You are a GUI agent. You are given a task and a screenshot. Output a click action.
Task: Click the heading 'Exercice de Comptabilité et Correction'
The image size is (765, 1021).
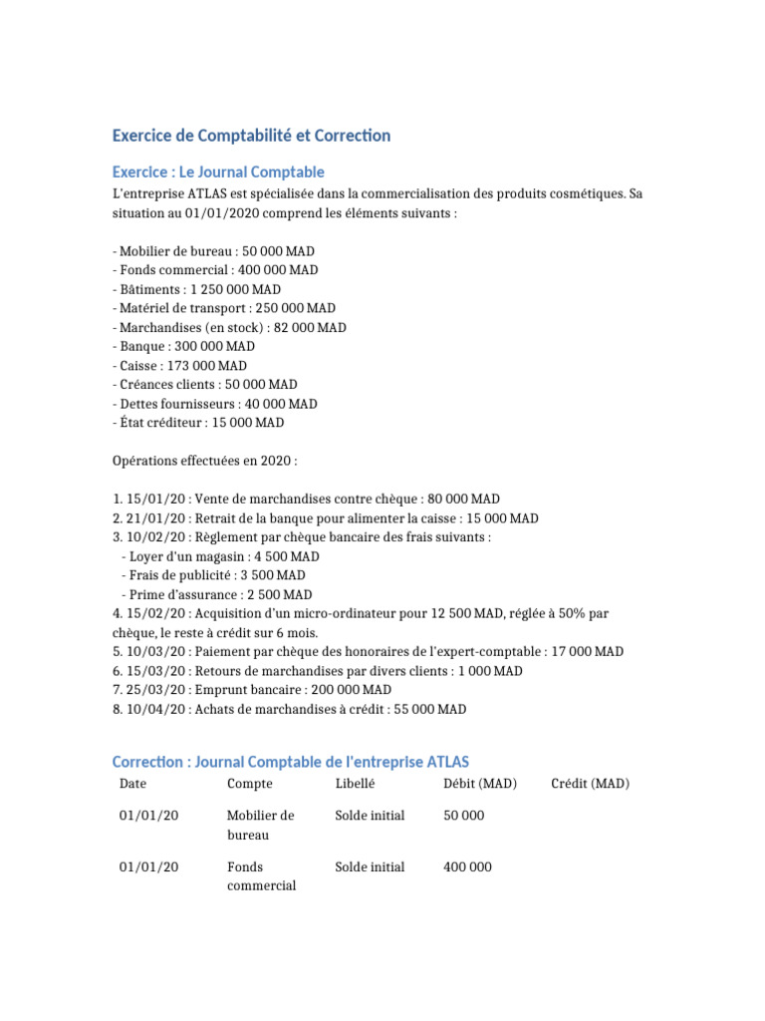pos(251,136)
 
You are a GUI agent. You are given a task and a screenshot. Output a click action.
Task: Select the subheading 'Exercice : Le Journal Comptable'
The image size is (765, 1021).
pos(218,172)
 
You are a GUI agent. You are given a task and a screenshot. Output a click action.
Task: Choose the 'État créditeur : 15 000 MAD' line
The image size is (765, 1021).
pos(198,423)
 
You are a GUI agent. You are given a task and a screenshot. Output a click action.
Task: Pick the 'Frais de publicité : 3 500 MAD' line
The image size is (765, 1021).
pos(216,575)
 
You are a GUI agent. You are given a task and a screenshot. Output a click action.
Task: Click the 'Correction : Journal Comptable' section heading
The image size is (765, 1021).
pos(290,763)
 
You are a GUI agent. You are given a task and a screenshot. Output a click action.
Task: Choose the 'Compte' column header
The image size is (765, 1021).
pos(250,784)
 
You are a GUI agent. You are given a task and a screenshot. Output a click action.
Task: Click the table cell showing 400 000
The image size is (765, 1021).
pos(467,867)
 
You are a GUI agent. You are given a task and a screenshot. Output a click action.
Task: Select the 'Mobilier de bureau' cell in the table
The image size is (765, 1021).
pos(260,825)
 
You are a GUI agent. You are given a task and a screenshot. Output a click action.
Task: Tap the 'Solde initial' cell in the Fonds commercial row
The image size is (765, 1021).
pos(370,867)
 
